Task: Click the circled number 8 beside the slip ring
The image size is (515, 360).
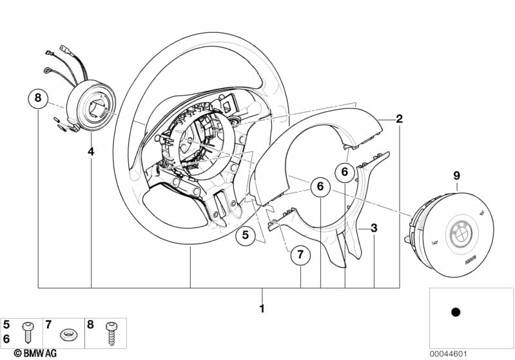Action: coord(38,99)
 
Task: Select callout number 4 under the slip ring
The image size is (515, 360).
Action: coord(91,152)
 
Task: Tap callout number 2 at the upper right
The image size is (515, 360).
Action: coord(399,118)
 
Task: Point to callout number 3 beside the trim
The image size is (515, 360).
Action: coord(373,228)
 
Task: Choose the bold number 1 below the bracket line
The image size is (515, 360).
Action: coord(262,308)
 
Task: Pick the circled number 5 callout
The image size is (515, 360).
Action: coord(245,236)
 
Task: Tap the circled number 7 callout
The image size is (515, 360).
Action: coord(300,255)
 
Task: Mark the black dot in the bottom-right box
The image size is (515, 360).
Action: coord(455,312)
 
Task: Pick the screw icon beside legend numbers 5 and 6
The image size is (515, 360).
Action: coord(27,332)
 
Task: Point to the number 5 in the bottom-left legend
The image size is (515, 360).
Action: coord(7,325)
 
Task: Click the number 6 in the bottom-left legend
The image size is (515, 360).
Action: coord(7,337)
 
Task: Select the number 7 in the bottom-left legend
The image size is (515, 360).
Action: coord(48,325)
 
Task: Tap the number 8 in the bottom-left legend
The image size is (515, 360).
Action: coord(90,325)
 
